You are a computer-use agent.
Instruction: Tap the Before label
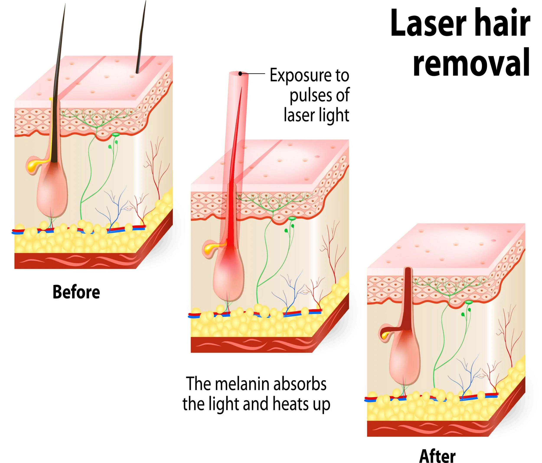pos(76,292)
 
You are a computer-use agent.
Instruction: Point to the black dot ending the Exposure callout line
pos(240,74)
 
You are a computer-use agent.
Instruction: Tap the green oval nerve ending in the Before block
pos(115,134)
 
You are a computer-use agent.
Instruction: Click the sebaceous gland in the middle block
pos(210,248)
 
